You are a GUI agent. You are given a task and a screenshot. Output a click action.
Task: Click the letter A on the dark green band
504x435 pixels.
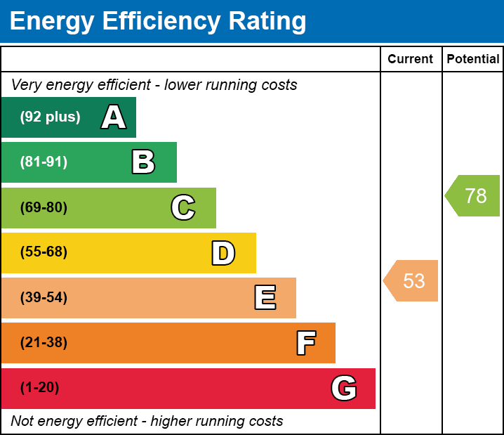(x=114, y=117)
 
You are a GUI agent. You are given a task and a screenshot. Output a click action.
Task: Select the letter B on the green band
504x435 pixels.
(x=143, y=162)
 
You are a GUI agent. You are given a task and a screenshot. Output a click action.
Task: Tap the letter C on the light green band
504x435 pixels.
(x=183, y=208)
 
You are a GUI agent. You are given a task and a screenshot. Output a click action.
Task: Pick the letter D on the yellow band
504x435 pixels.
(x=223, y=253)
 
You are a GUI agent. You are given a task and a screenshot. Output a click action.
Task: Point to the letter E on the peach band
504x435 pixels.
(x=265, y=298)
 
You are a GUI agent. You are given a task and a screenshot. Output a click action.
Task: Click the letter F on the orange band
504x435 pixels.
(x=305, y=343)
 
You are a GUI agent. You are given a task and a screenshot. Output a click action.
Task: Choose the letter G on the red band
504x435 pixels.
(x=344, y=388)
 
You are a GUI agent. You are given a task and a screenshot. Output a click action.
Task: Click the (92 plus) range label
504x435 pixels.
(x=50, y=117)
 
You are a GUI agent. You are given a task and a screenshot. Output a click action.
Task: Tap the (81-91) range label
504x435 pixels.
(x=44, y=162)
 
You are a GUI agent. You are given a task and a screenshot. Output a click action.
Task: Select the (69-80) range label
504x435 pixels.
(x=44, y=208)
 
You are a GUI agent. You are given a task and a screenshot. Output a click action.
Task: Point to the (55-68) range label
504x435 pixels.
(x=44, y=252)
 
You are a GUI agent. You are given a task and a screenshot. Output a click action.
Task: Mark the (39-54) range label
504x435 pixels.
(x=44, y=298)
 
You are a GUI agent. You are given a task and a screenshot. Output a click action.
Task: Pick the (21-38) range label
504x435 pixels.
(x=44, y=343)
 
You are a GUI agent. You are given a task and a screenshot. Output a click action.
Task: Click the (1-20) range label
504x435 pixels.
(x=39, y=388)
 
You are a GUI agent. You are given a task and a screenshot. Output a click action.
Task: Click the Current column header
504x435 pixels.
(x=411, y=60)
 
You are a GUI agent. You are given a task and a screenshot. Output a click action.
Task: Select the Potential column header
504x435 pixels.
(x=473, y=60)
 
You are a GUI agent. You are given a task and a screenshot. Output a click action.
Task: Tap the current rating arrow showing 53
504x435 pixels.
(x=412, y=281)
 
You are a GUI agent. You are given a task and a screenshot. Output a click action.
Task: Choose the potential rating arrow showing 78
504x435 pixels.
(x=474, y=196)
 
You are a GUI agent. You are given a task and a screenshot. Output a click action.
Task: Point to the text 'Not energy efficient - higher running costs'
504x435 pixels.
(x=147, y=421)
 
